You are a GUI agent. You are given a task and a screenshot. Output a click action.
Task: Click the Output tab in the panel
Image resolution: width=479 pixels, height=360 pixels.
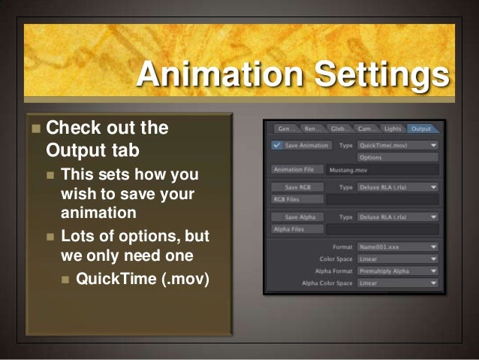click(x=422, y=129)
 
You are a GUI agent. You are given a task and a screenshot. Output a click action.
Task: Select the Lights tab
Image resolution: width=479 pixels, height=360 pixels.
click(x=392, y=129)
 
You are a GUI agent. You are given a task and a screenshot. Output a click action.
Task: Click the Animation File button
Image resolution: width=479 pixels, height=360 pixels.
click(x=297, y=170)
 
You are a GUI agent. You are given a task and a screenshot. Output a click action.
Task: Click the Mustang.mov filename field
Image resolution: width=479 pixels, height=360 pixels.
click(x=383, y=170)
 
